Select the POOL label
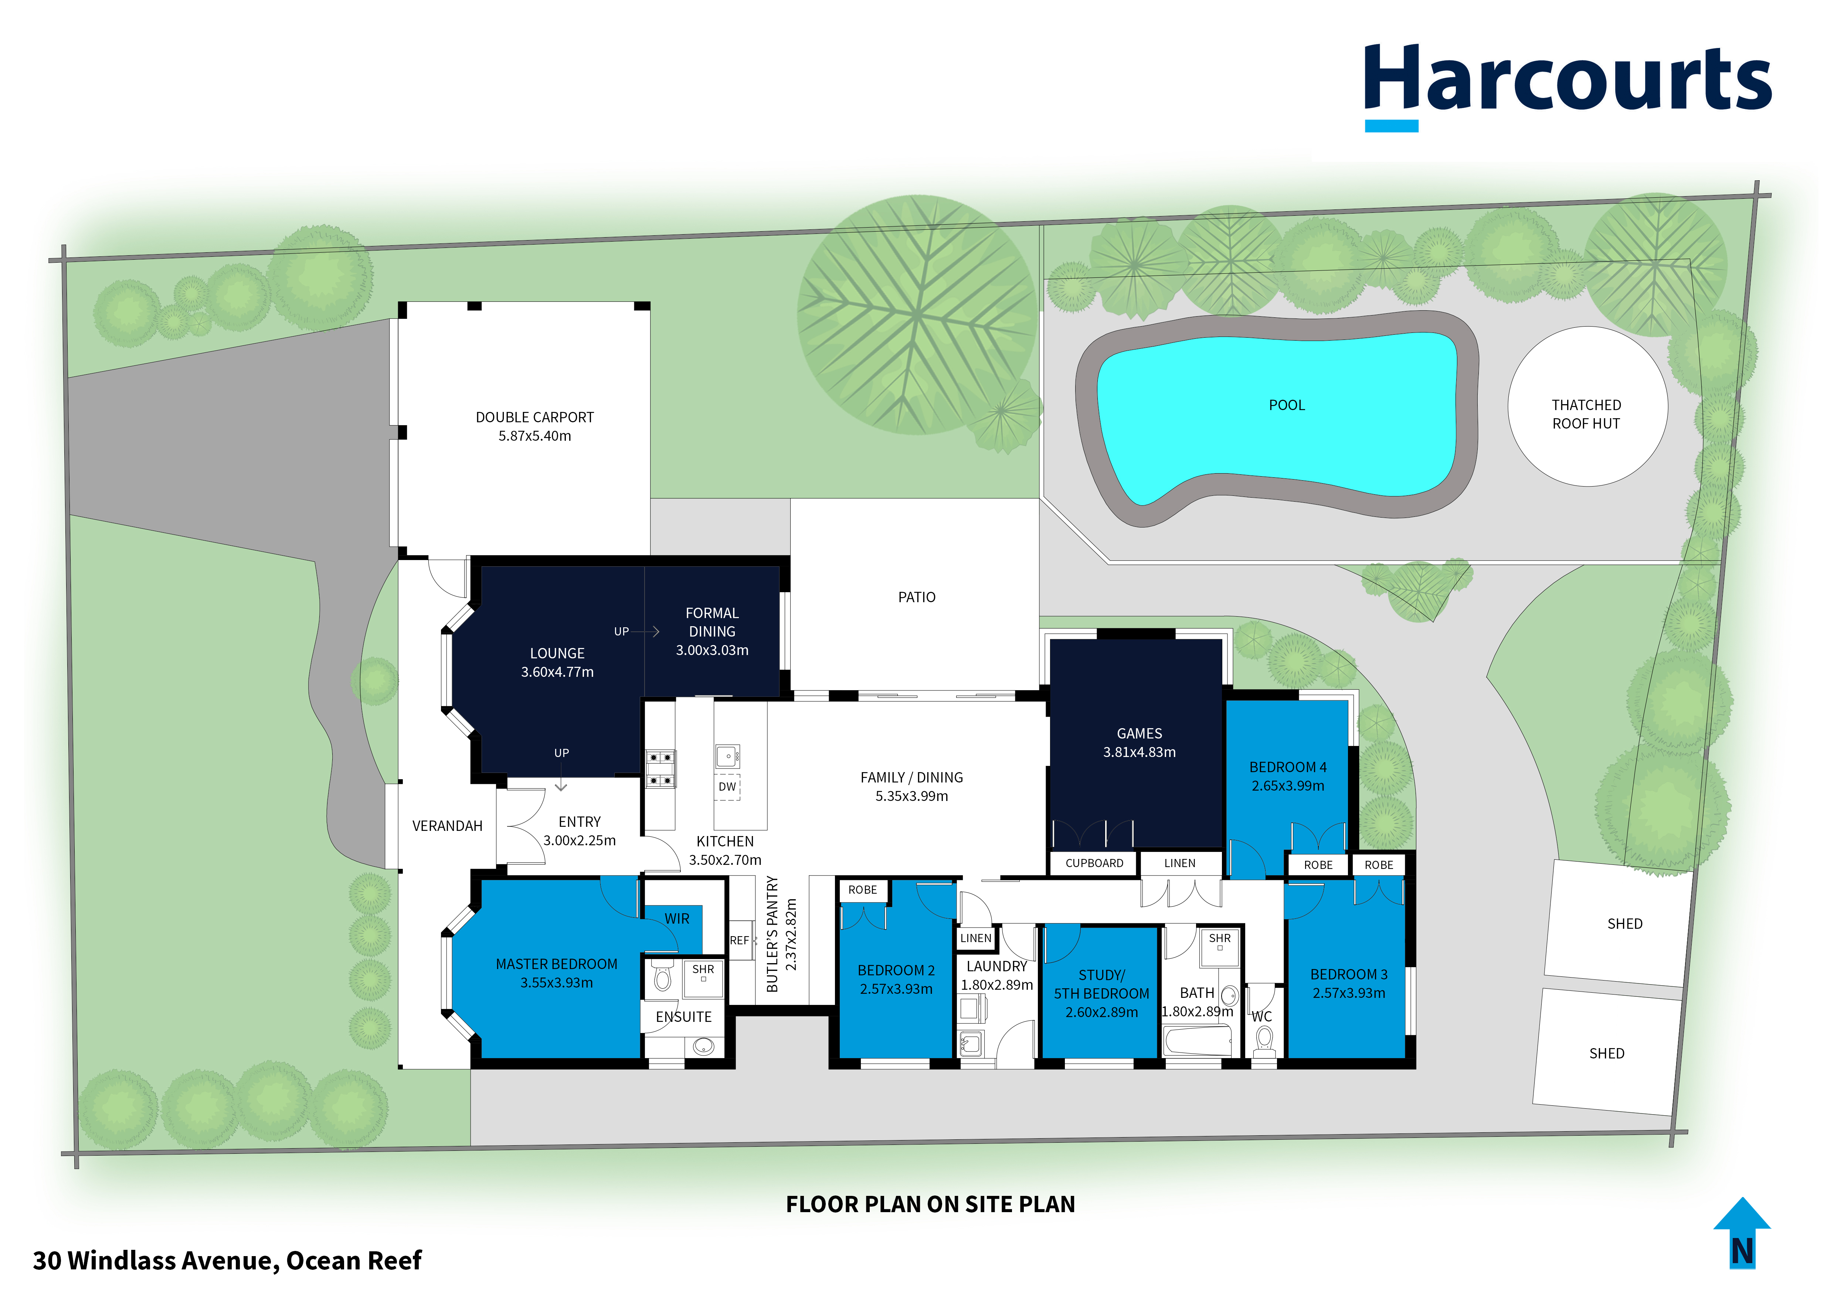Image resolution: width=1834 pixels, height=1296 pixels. point(1287,406)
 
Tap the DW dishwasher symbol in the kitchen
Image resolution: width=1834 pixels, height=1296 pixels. point(727,787)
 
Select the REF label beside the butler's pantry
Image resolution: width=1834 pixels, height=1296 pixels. point(739,941)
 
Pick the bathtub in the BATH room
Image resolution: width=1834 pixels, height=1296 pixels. point(1198,1041)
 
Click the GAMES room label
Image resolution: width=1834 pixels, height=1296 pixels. point(1139,734)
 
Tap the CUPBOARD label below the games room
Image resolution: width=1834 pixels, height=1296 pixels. point(1094,863)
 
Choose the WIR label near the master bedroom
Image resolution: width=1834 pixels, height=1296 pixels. point(676,919)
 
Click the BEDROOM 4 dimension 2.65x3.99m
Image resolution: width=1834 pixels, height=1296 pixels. point(1288,786)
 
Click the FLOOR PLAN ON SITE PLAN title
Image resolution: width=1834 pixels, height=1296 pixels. point(931,1204)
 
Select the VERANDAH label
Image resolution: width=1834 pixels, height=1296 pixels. point(447,826)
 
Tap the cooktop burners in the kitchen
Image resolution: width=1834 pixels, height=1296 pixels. point(660,768)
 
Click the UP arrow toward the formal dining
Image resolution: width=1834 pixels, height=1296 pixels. point(645,632)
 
